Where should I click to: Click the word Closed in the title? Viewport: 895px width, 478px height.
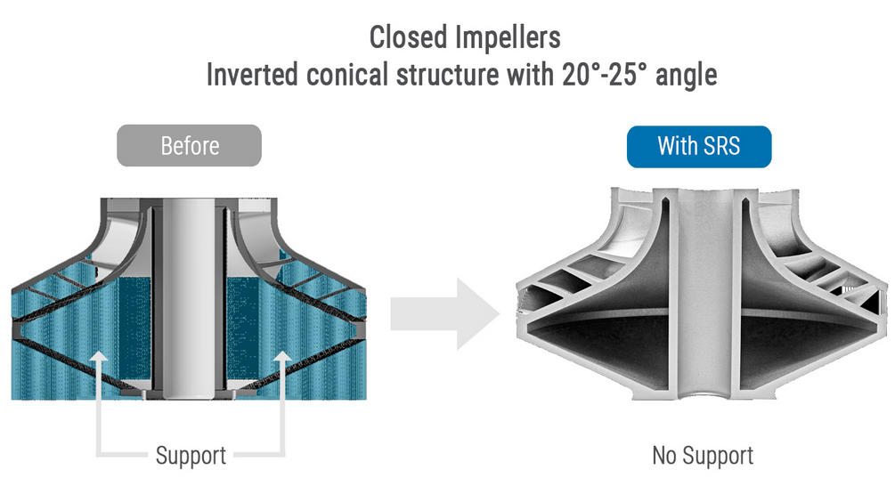tap(408, 37)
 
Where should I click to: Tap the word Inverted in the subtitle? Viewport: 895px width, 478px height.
tap(252, 75)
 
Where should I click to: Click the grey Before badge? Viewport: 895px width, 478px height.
tap(190, 145)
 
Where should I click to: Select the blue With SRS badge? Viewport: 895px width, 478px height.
tap(699, 146)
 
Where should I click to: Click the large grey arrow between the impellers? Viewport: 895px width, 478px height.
tap(445, 313)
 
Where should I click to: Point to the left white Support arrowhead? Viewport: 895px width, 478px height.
tap(100, 359)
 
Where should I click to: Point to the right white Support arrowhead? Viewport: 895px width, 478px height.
tap(282, 359)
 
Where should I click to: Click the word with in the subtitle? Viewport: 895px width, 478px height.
tap(529, 75)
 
